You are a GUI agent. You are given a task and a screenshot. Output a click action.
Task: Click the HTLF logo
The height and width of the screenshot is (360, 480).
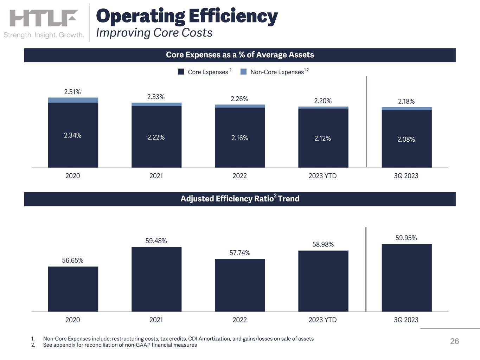click(x=44, y=18)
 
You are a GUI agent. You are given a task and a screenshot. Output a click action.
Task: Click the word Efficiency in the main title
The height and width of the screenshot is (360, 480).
click(x=233, y=17)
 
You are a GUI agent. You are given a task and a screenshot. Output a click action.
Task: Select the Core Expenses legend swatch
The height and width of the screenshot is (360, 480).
click(x=181, y=72)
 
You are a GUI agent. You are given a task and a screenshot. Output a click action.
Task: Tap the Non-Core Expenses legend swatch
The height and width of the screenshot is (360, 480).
click(x=243, y=72)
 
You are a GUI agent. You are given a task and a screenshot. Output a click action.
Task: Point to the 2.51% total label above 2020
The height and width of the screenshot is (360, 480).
click(x=72, y=92)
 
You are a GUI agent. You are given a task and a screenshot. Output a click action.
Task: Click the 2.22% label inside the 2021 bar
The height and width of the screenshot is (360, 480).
click(x=156, y=137)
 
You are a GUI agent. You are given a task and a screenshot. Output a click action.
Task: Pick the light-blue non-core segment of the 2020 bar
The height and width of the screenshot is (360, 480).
click(x=73, y=100)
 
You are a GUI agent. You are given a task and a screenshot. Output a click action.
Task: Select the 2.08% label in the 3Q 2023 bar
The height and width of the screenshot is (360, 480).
click(x=406, y=139)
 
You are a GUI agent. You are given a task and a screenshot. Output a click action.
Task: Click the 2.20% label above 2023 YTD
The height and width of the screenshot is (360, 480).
click(x=323, y=101)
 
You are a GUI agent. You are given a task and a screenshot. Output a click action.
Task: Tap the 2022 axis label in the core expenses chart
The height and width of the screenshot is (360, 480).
click(x=240, y=176)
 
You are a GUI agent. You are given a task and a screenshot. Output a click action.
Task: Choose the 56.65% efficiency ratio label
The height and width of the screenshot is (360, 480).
click(x=72, y=260)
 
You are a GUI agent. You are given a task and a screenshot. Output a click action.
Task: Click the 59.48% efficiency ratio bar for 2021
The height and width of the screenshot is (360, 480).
click(x=156, y=279)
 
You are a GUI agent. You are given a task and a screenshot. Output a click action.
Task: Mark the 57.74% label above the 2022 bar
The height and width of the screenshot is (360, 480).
click(x=240, y=253)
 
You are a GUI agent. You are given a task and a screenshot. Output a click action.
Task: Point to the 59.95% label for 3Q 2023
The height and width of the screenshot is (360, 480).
click(x=406, y=238)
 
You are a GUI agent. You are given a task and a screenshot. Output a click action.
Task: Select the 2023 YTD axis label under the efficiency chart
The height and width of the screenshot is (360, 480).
click(x=322, y=320)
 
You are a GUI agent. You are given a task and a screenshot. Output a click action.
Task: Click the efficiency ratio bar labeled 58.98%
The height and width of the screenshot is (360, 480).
click(x=323, y=281)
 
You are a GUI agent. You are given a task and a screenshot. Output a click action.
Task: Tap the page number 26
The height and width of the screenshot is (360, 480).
click(x=454, y=341)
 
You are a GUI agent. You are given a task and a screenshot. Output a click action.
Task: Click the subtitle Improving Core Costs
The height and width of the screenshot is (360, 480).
click(x=154, y=33)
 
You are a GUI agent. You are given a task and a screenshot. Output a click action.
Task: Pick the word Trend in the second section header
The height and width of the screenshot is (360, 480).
click(x=288, y=199)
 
